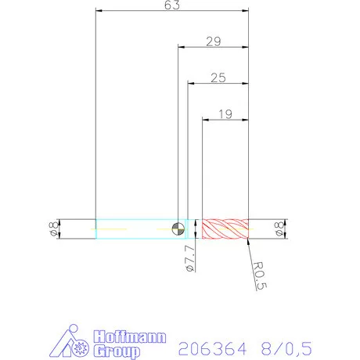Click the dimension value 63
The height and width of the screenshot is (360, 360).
point(172,5)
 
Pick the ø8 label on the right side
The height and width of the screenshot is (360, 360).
point(279,229)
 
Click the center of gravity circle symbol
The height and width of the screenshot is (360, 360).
point(179,229)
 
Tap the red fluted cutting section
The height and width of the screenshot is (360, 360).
point(225,229)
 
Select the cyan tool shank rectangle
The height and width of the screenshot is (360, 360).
point(133,229)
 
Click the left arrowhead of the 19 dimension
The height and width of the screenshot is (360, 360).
point(205,120)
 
